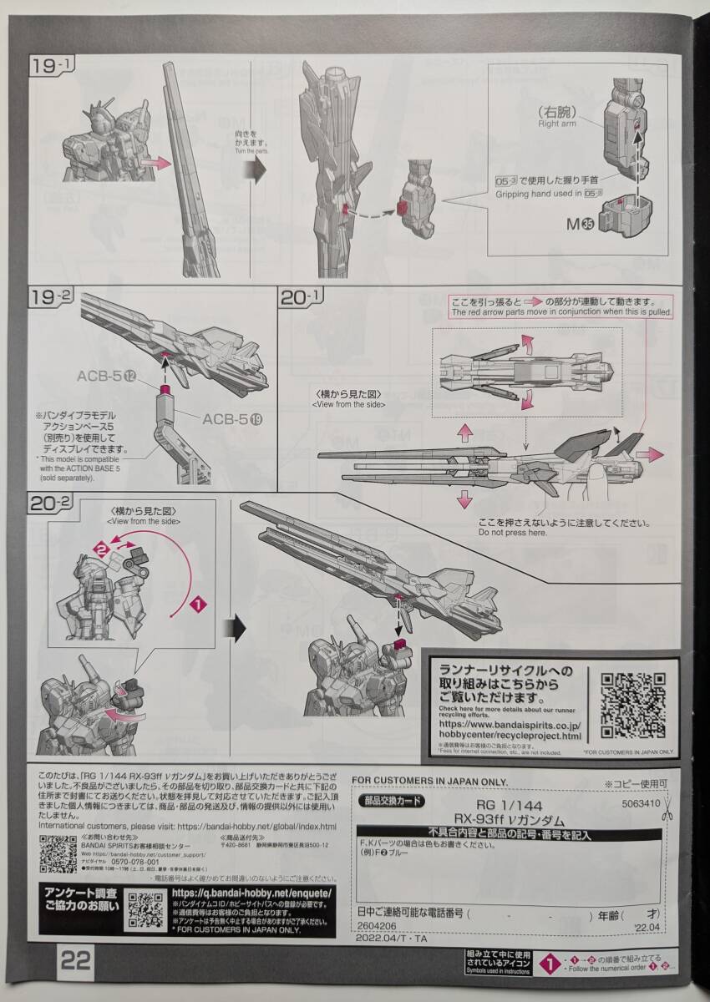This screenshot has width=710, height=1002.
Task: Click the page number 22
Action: (76, 959)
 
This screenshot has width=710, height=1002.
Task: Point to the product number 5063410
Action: (641, 805)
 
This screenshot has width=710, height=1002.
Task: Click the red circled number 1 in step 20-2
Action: (197, 601)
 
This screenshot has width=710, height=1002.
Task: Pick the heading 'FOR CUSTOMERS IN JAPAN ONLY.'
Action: (429, 781)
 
